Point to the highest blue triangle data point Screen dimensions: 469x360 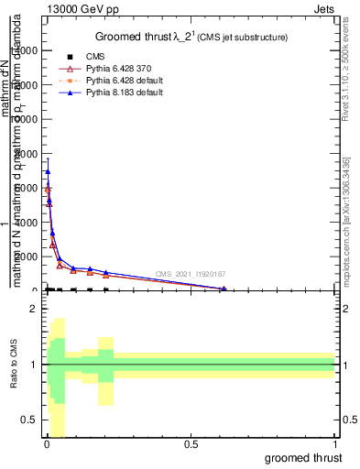(48, 171)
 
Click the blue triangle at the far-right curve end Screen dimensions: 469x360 (224, 289)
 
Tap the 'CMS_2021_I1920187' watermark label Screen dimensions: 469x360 (191, 274)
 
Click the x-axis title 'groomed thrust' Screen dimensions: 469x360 (304, 456)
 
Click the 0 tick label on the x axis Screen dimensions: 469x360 (47, 444)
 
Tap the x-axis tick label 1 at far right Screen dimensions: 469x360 (335, 444)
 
